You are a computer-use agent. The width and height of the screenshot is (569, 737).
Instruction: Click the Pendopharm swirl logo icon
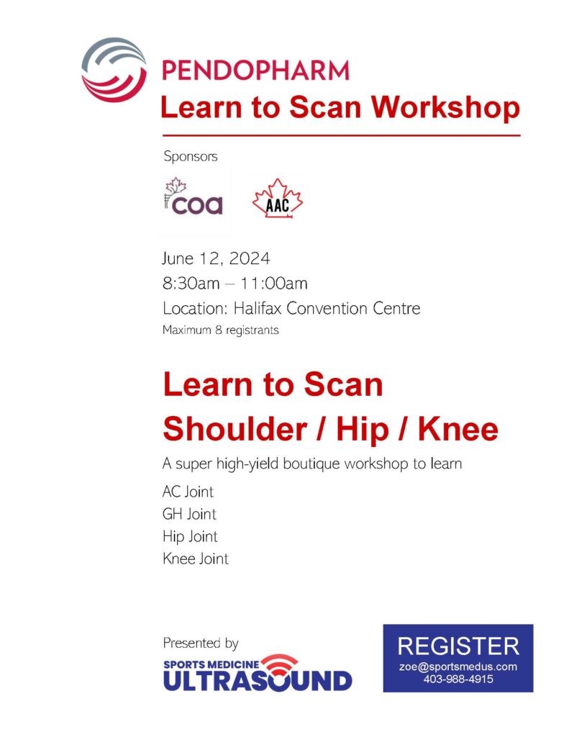(114, 70)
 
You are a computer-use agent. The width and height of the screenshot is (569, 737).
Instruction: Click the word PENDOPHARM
(255, 71)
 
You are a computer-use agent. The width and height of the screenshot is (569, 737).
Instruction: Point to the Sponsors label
(190, 155)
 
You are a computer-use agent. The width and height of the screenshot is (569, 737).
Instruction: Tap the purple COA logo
(193, 197)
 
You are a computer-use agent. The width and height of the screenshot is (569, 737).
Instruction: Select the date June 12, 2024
(217, 258)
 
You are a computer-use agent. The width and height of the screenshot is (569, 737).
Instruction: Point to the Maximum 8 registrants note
(220, 331)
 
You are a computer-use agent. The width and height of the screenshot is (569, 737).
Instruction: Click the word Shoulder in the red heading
(233, 430)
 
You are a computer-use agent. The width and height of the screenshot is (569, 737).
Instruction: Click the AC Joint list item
(188, 493)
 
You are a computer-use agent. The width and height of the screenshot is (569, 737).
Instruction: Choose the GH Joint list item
(189, 515)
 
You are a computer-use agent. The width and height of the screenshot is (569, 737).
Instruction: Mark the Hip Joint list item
(190, 536)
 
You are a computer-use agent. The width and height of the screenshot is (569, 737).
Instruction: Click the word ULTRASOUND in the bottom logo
(258, 679)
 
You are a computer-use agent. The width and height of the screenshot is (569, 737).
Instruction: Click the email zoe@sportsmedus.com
(458, 666)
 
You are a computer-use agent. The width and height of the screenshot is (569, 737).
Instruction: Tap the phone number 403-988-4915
(458, 679)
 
